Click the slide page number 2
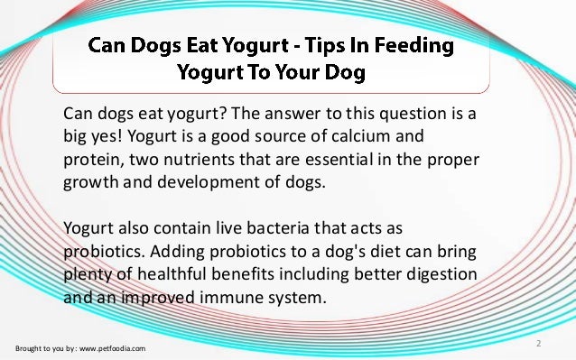tap(538, 343)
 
